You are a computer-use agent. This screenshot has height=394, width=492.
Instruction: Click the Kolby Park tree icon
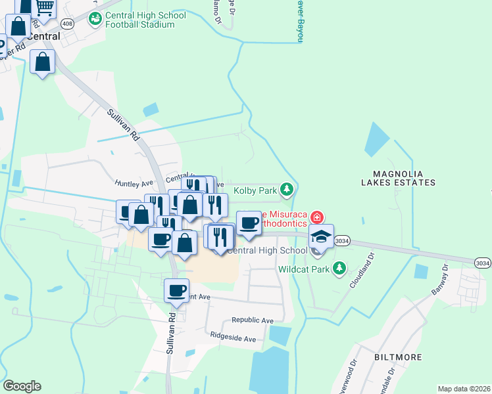tap(286, 190)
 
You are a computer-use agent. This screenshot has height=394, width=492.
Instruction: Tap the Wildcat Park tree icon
tap(339, 268)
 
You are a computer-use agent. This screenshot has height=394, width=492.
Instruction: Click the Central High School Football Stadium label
tap(140, 20)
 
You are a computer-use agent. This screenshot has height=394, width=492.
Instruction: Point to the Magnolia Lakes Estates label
tap(397, 178)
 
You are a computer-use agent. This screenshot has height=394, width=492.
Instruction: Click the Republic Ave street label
tap(252, 320)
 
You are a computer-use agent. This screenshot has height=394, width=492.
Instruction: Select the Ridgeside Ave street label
tap(233, 339)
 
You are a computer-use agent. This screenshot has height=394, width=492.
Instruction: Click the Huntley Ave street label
tap(133, 183)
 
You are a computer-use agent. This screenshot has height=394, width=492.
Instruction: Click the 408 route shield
tap(67, 24)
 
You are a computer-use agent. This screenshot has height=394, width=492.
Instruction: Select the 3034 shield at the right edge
tap(482, 263)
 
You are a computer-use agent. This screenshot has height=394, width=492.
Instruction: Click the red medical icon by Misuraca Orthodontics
tap(317, 217)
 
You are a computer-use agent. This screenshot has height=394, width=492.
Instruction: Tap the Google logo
tap(22, 386)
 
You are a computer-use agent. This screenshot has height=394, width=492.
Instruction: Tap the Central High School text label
tap(267, 250)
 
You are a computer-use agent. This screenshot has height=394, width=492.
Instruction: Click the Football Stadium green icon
tap(95, 18)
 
